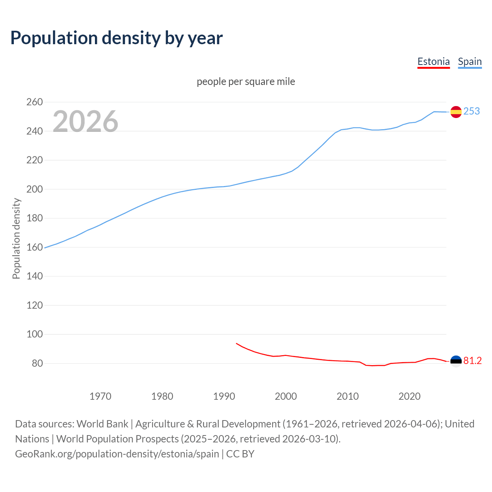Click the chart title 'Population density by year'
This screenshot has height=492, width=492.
[x=116, y=38]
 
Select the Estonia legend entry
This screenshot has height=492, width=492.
[x=433, y=61]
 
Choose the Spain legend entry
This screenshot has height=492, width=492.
[x=470, y=61]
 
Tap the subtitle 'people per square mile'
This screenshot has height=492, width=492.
[x=246, y=81]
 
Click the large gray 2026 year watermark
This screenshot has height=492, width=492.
[x=85, y=121]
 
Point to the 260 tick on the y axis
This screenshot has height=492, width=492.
[x=35, y=102]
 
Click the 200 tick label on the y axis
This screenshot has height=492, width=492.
[x=35, y=189]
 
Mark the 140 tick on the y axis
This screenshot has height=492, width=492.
[x=35, y=276]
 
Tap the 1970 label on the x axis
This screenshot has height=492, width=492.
[x=100, y=396]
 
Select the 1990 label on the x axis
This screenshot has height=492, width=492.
[x=224, y=396]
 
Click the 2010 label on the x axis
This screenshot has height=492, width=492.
[x=347, y=396]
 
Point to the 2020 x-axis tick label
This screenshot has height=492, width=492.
[x=409, y=396]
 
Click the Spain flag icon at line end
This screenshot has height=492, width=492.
[x=456, y=112]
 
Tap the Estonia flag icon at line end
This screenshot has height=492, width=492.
[x=456, y=361]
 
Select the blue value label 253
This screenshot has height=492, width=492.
[x=472, y=111]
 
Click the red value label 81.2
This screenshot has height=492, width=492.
[x=472, y=361]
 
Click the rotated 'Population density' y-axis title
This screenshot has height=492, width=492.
[x=16, y=238]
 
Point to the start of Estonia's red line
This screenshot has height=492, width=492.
[x=236, y=343]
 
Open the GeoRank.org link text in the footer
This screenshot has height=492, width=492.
[x=117, y=454]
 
